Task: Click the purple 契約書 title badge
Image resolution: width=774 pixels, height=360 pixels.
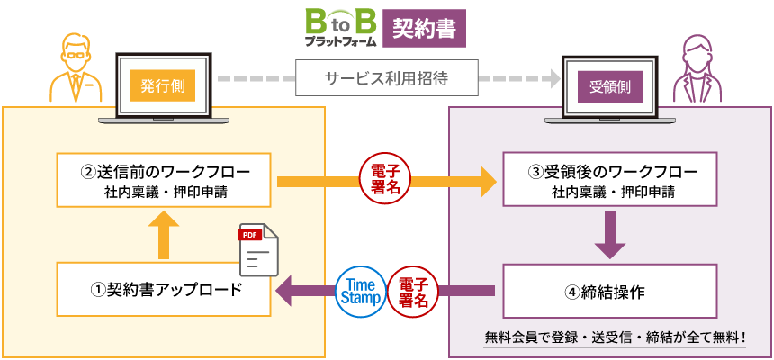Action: [424, 28]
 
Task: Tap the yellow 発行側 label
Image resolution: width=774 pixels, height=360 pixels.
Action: [163, 86]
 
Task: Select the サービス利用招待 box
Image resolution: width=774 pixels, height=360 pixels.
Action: [387, 79]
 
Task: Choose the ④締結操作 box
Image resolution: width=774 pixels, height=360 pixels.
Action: [609, 290]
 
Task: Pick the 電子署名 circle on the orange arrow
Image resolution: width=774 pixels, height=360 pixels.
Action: [385, 179]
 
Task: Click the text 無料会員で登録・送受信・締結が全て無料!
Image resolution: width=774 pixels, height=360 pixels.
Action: [616, 338]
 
